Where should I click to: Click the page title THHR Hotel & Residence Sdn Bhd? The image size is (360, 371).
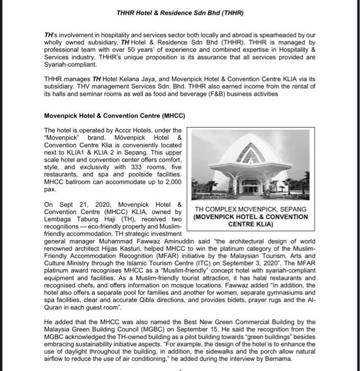pyautogui.click(x=180, y=12)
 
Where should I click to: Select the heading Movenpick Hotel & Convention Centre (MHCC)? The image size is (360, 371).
pyautogui.click(x=114, y=116)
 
